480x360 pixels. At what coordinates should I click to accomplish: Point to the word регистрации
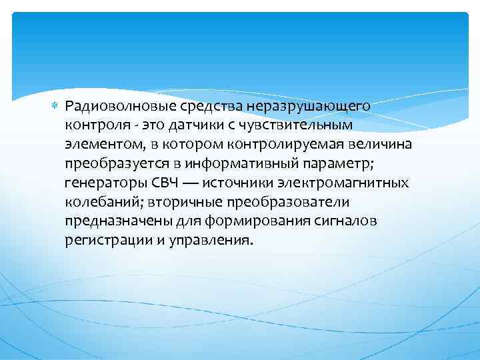click(x=106, y=240)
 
